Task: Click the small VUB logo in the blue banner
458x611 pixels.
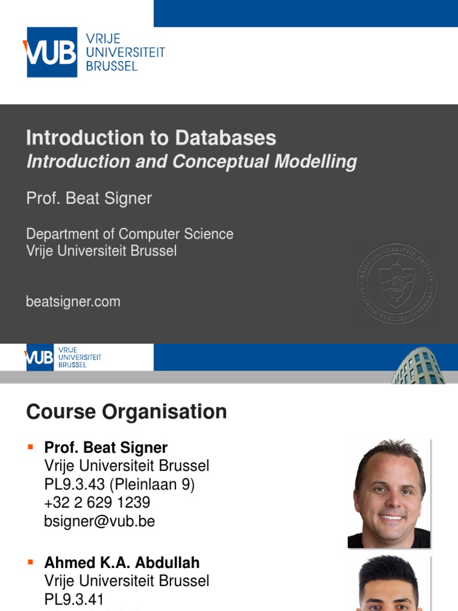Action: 39,357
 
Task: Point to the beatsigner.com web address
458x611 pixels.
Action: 73,302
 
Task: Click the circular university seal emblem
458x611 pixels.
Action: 396,282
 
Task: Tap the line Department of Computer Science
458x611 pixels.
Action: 129,234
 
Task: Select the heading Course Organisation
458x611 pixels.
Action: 126,412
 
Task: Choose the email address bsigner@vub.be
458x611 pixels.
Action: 99,521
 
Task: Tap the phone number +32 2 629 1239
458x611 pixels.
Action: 97,502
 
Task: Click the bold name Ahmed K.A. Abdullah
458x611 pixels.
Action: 122,563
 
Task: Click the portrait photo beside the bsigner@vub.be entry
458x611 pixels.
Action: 389,493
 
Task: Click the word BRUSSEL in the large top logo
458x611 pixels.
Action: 112,66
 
